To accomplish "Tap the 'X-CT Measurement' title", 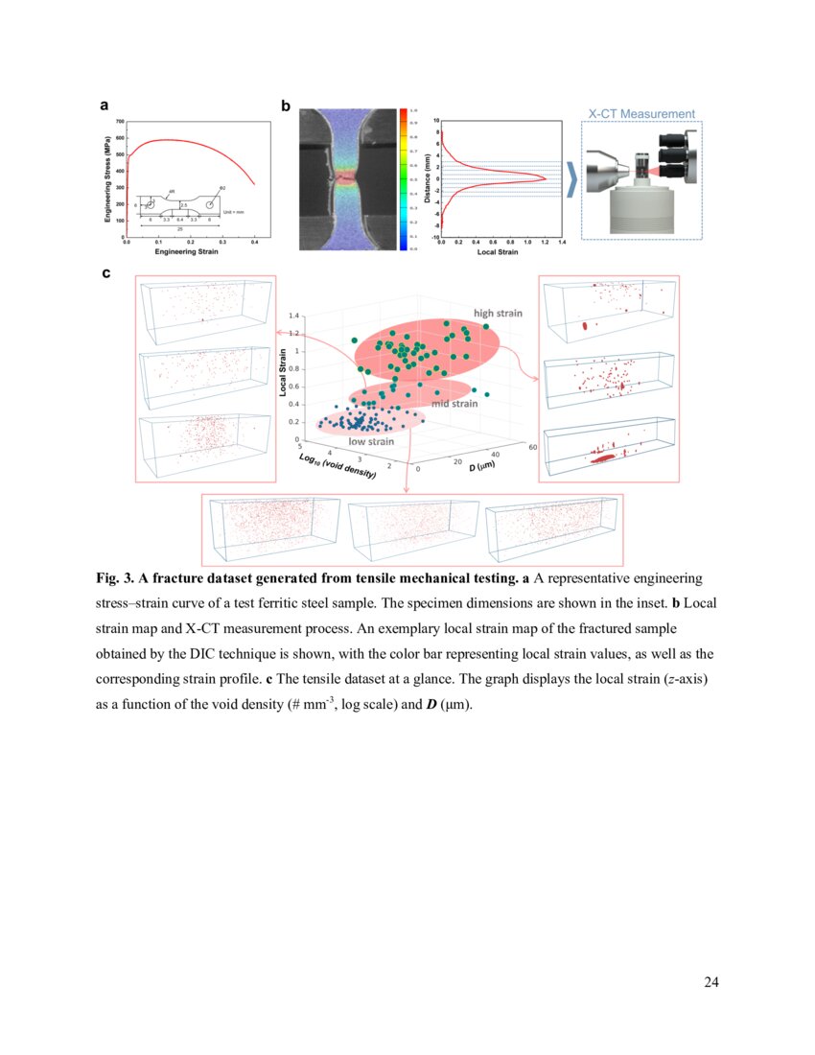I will tap(641, 113).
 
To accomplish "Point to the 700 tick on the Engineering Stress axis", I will tap(118, 123).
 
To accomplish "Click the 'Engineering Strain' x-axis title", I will tap(192, 253).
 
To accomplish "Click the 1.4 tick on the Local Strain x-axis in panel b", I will tap(561, 244).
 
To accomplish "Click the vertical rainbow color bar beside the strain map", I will tap(404, 179).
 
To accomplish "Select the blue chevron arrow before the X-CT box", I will tap(572, 179).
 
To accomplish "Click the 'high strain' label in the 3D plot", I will tap(497, 313).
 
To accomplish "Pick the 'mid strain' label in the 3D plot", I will tap(454, 404).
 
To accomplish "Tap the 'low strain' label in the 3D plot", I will tap(370, 441).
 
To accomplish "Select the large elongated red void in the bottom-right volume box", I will tap(602, 458).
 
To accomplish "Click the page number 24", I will tap(710, 981).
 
